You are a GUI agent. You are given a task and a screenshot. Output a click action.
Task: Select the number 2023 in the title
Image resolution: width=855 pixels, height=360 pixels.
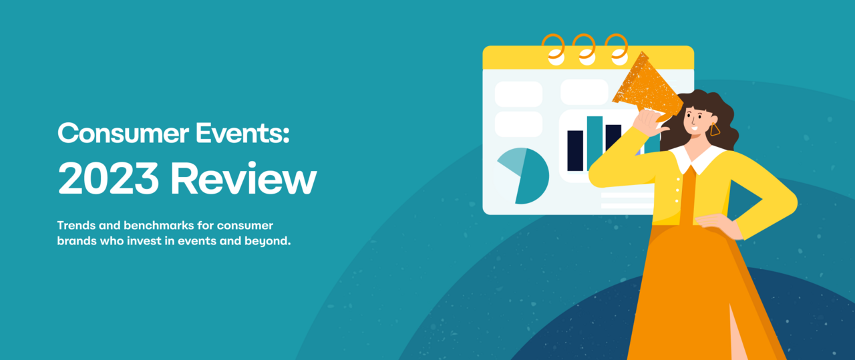pos(107,179)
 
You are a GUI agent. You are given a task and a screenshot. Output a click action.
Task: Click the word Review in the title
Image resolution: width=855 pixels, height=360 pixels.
pos(243,179)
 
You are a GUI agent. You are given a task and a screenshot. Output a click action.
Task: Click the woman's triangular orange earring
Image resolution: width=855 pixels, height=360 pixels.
pos(715,130)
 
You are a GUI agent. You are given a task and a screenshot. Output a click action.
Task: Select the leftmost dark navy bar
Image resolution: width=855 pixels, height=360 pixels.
pos(575,150)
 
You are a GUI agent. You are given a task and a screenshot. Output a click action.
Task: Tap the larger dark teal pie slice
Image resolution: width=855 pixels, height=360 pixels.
pos(534,177)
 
